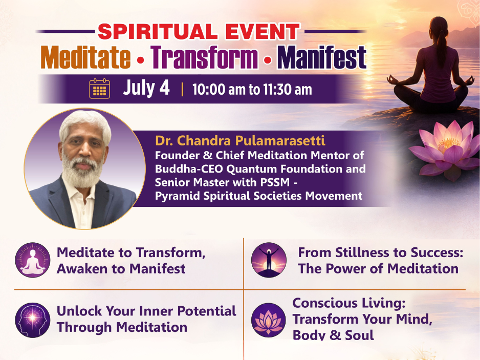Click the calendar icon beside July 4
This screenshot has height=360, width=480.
(x=99, y=89)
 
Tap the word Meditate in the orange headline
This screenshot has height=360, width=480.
(x=86, y=57)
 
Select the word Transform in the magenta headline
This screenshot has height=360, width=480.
(x=204, y=57)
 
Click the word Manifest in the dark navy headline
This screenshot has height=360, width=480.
(x=322, y=57)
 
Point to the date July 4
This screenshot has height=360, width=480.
(x=146, y=88)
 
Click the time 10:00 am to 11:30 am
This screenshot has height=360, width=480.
(x=252, y=90)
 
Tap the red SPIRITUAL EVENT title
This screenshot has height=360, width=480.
(x=199, y=32)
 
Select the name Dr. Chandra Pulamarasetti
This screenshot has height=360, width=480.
(x=240, y=141)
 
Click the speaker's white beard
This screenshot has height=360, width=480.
(x=81, y=172)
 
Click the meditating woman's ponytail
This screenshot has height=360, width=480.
(x=441, y=46)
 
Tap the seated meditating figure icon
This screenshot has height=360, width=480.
(x=32, y=260)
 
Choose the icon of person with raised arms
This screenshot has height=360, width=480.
(x=269, y=260)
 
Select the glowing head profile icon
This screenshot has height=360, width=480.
(x=32, y=320)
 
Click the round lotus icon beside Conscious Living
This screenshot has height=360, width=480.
(x=269, y=320)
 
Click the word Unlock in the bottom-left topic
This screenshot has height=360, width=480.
(x=79, y=311)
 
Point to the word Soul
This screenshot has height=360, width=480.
(x=359, y=335)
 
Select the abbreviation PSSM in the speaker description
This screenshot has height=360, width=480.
(x=275, y=182)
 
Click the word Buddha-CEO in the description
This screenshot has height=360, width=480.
(x=188, y=169)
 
